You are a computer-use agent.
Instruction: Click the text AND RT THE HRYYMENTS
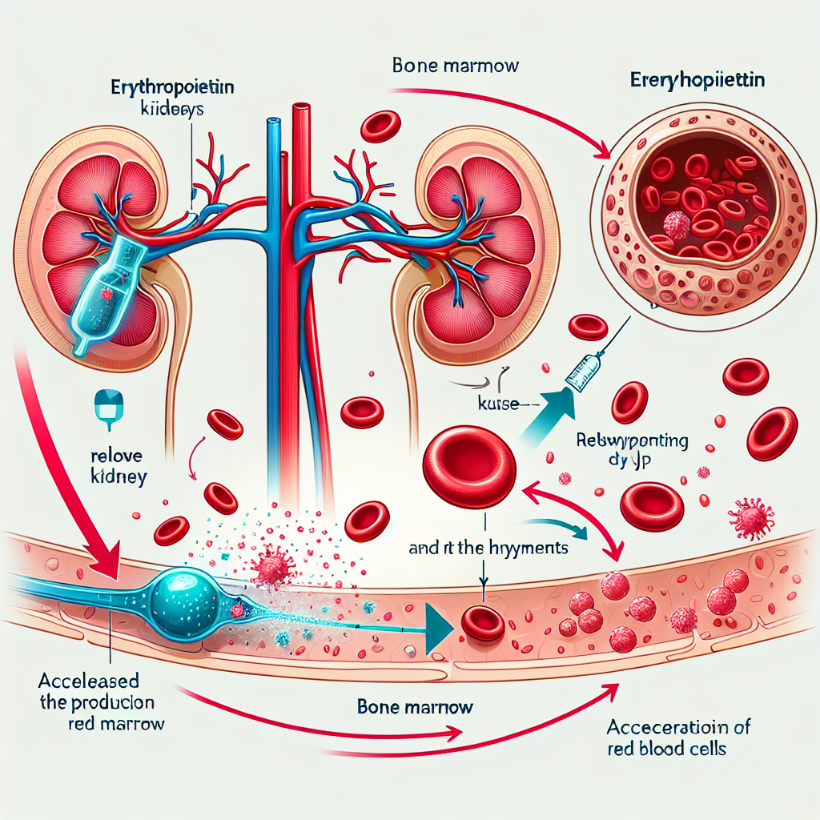(x=488, y=549)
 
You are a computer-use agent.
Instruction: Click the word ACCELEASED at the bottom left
(x=89, y=681)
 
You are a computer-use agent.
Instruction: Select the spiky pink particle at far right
(x=754, y=519)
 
